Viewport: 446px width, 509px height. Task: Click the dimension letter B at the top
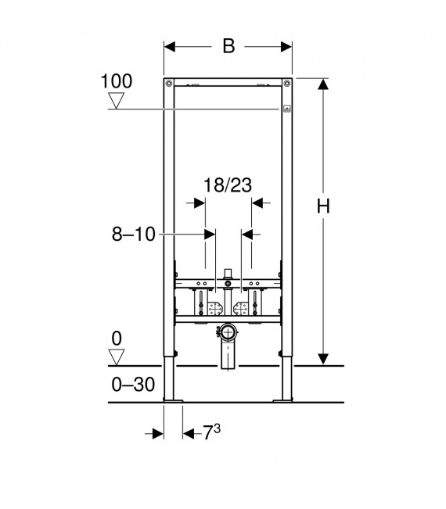pos(228,46)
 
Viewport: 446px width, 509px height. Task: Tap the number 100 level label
pos(117,81)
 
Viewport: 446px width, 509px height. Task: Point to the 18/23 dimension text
pos(227,186)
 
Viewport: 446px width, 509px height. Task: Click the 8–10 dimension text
pos(133,233)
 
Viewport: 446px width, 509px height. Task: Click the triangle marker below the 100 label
pos(117,101)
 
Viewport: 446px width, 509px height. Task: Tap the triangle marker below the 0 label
pos(117,357)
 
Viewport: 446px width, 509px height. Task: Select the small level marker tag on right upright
pos(287,109)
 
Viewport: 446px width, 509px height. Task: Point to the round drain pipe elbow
pos(228,332)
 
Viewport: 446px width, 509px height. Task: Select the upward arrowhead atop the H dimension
pos(322,84)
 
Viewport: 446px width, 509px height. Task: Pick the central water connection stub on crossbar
pos(228,274)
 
